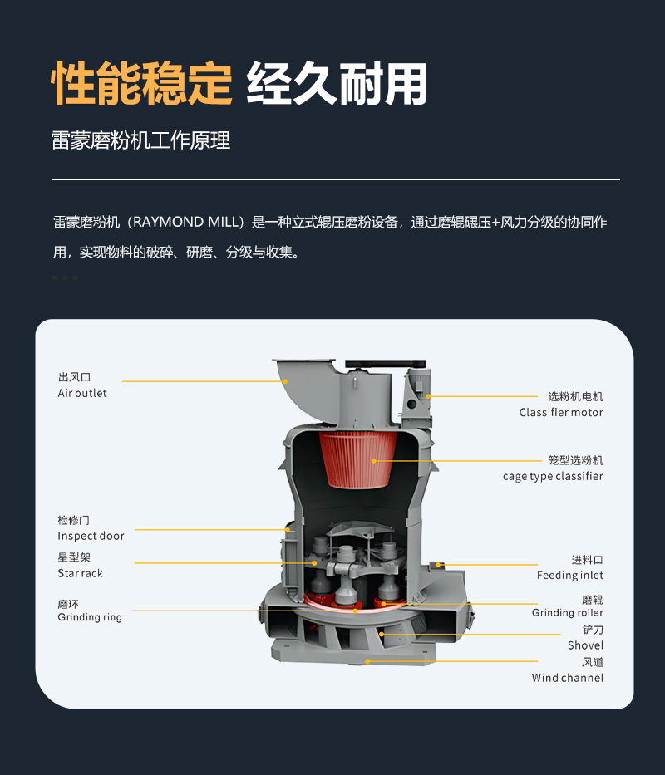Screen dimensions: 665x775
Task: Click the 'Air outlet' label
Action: tap(82, 394)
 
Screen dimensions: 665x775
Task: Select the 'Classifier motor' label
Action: tap(561, 412)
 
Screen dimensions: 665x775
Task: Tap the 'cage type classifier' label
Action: tap(553, 477)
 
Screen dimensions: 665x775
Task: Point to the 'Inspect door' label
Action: tap(91, 537)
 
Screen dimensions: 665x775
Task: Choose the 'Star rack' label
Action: tap(80, 573)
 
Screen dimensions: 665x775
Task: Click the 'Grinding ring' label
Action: tap(90, 617)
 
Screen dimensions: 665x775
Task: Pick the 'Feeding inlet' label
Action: tap(570, 576)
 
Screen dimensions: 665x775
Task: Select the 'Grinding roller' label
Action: tap(568, 613)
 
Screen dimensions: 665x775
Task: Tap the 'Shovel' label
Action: tap(586, 645)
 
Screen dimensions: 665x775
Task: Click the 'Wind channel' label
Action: tap(568, 678)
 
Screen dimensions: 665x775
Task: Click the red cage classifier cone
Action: tap(357, 459)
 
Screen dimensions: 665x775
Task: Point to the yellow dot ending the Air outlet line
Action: tap(285, 381)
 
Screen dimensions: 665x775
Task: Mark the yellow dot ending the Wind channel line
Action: tap(367, 661)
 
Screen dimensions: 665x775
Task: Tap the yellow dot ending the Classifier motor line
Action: tap(428, 396)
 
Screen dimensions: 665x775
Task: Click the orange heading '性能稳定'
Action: tap(141, 84)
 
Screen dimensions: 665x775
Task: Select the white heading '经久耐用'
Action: tap(337, 84)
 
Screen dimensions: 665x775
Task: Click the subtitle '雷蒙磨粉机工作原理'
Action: tap(140, 140)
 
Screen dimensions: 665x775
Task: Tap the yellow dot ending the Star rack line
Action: tap(315, 563)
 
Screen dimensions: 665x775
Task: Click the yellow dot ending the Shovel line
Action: tap(382, 634)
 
